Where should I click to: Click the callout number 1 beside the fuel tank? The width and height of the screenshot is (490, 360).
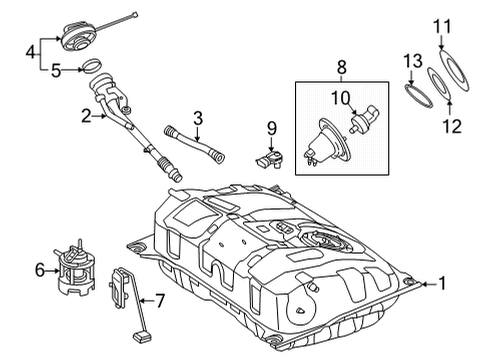point(442,284)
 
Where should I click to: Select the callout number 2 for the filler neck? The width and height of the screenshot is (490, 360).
point(86,116)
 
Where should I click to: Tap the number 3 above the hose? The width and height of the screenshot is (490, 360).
point(198,118)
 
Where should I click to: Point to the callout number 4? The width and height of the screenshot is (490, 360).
point(31,52)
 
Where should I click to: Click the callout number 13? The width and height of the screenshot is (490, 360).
point(413,61)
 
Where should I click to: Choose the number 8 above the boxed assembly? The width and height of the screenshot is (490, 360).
point(342,67)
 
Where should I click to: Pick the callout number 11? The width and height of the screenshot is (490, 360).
point(442,26)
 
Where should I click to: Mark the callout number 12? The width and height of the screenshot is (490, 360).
point(452,126)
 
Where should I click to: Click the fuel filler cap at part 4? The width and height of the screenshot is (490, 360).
point(78,36)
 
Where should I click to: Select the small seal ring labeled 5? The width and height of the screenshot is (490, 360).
point(92,65)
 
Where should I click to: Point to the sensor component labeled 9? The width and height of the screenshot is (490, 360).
point(269,159)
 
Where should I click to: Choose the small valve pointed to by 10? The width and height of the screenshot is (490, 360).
point(365,118)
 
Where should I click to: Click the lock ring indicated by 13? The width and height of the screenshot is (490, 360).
point(419,97)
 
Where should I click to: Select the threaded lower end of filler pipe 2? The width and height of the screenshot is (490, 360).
point(170,168)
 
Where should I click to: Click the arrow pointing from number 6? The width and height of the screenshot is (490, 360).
point(52,271)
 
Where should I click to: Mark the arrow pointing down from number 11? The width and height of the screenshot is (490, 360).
point(441,43)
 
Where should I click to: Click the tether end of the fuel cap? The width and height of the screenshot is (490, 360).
point(135,14)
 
